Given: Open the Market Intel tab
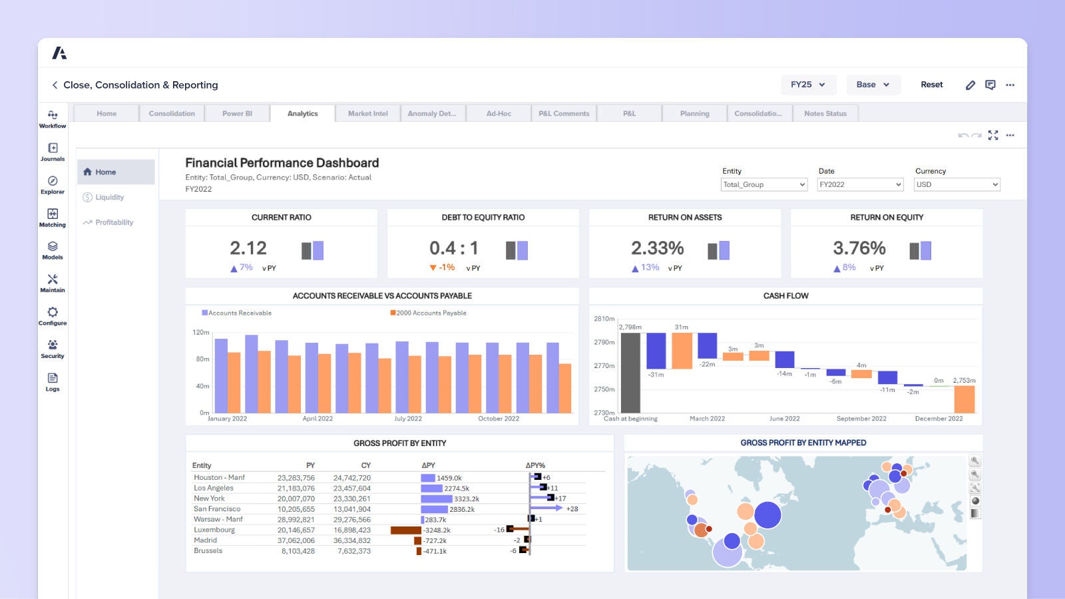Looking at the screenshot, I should pyautogui.click(x=367, y=114).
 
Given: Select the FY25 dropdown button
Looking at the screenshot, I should pyautogui.click(x=807, y=85).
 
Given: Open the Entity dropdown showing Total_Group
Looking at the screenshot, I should pyautogui.click(x=763, y=184).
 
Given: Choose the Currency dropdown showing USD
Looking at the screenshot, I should pyautogui.click(x=957, y=184).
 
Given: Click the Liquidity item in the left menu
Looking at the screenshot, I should pyautogui.click(x=109, y=197).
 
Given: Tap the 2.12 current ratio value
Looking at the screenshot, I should pyautogui.click(x=248, y=248).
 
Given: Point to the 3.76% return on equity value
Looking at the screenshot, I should pyautogui.click(x=859, y=248).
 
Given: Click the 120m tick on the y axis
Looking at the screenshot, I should pyautogui.click(x=201, y=332).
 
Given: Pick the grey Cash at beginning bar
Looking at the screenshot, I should pyautogui.click(x=630, y=373).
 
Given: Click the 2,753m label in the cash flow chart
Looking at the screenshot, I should pyautogui.click(x=964, y=381).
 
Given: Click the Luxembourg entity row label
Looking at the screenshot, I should pyautogui.click(x=214, y=530).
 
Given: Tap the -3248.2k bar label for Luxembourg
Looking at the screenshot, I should pyautogui.click(x=437, y=530).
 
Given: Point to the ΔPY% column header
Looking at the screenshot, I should pyautogui.click(x=535, y=465).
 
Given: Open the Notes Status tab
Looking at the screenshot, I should pyautogui.click(x=825, y=114).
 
